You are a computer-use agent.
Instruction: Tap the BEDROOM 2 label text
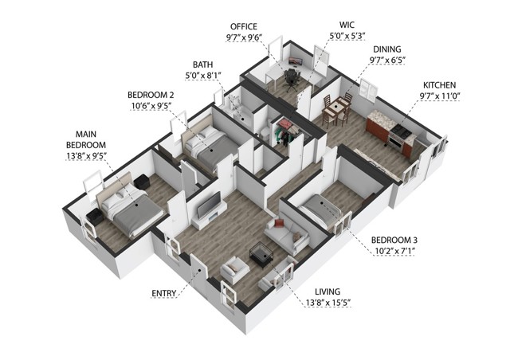tap(150, 94)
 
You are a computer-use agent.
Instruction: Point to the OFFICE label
tap(244, 27)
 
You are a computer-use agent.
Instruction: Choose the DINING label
tap(386, 49)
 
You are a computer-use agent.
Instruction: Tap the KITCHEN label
tap(440, 84)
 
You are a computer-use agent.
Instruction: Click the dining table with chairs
tap(338, 107)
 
